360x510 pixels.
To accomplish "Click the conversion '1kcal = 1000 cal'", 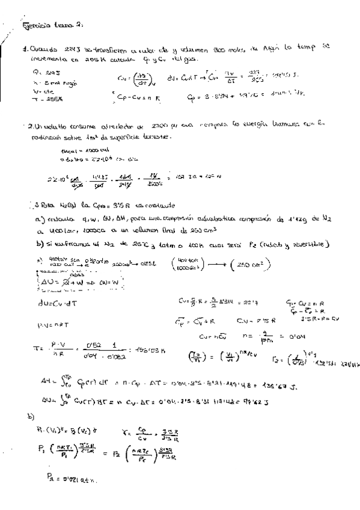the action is [76, 150].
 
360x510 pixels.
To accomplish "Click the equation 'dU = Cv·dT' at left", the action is [50, 302].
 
